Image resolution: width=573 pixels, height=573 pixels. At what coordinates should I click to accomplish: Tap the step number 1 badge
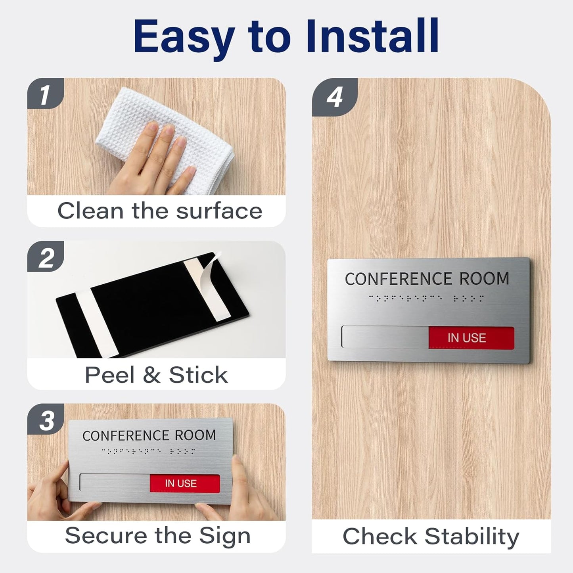click(45, 94)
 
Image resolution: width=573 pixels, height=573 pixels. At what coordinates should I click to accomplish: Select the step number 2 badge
click(46, 258)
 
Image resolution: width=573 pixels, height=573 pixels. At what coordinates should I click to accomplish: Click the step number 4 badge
click(334, 97)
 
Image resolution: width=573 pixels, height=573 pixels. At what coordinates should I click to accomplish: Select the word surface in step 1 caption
click(219, 211)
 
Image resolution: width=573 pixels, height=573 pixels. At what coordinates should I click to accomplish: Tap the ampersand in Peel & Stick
click(151, 375)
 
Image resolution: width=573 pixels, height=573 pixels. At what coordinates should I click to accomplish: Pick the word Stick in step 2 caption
click(198, 375)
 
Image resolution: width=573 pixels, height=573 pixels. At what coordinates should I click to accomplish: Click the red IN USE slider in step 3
click(184, 483)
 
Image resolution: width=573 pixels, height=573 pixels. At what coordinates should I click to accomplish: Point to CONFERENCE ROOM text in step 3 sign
click(149, 435)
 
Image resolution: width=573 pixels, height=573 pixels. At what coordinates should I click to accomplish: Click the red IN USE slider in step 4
click(471, 338)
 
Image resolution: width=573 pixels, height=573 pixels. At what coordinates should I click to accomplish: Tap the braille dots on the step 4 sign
click(426, 298)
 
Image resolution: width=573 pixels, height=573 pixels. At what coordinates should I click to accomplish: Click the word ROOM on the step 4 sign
click(484, 278)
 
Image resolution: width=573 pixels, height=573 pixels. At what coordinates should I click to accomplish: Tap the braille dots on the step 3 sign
click(148, 451)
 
